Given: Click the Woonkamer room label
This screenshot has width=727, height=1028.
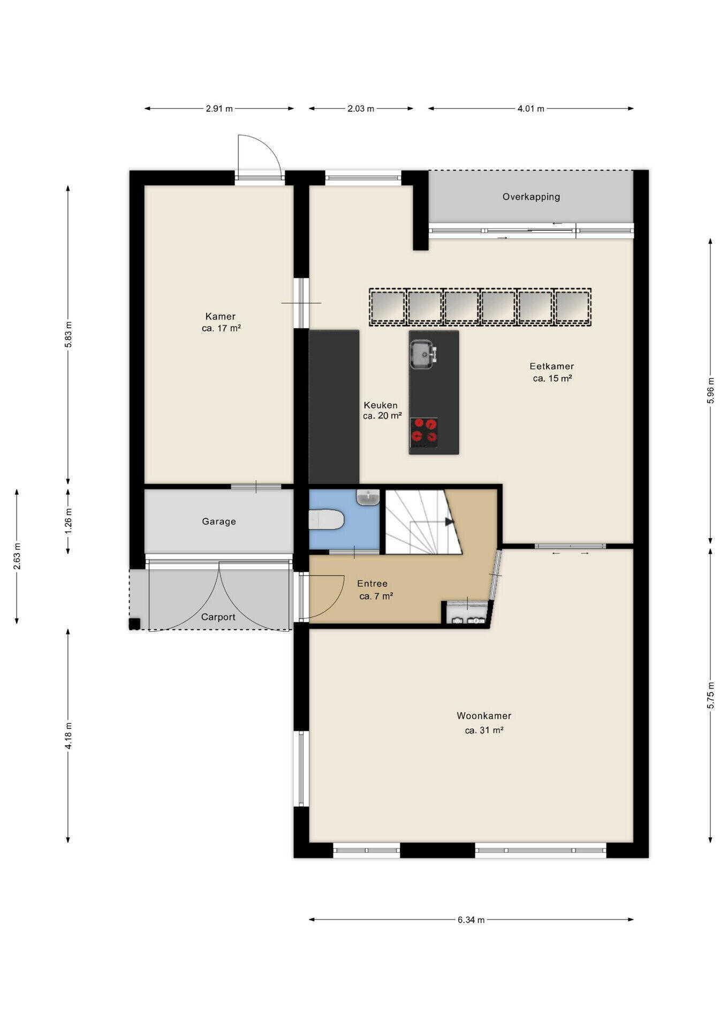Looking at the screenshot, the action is pyautogui.click(x=484, y=716).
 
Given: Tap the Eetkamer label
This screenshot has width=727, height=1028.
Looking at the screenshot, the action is pyautogui.click(x=552, y=367).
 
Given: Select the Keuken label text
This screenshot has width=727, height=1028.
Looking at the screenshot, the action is pyautogui.click(x=381, y=405).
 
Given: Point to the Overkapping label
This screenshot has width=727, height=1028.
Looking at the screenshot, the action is pyautogui.click(x=531, y=197).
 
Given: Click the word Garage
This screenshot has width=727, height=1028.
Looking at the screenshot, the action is pyautogui.click(x=219, y=521).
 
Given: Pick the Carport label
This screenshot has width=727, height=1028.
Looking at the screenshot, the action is pyautogui.click(x=218, y=617).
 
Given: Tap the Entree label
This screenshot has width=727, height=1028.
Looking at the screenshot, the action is pyautogui.click(x=372, y=584).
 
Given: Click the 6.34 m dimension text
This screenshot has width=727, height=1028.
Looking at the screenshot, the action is pyautogui.click(x=471, y=920).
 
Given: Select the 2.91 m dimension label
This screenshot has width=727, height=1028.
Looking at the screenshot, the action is pyautogui.click(x=219, y=109).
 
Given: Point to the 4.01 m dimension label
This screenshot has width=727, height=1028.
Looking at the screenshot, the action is pyautogui.click(x=531, y=109).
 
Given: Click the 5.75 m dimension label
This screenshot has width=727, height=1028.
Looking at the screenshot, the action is pyautogui.click(x=710, y=696).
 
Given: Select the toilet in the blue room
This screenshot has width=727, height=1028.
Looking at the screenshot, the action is pyautogui.click(x=326, y=519).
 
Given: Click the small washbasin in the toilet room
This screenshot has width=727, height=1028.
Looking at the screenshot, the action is pyautogui.click(x=368, y=497).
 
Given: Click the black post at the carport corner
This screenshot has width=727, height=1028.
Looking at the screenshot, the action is pyautogui.click(x=134, y=624).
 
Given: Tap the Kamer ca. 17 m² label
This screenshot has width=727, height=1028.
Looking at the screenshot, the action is pyautogui.click(x=221, y=322).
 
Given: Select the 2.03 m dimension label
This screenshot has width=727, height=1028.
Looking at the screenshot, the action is pyautogui.click(x=361, y=109).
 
